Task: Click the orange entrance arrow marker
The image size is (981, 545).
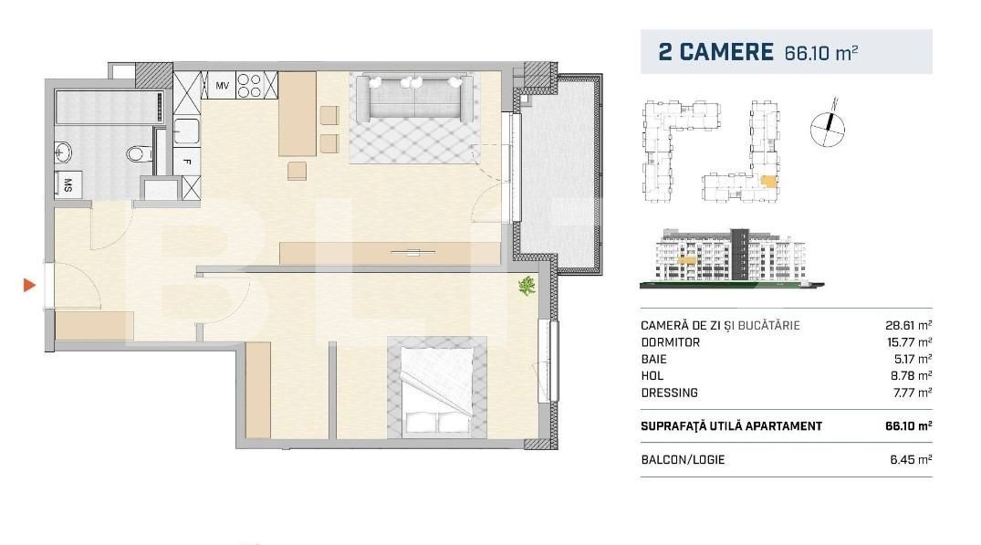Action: point(29,286)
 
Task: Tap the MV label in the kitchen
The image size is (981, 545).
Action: point(222,86)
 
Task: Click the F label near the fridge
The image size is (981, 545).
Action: point(186,164)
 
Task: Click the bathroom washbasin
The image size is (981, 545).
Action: point(63,151)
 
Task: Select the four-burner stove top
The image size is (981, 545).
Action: point(250,86)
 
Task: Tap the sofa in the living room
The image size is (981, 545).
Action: point(416,97)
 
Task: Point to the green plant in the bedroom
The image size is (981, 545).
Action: point(527,288)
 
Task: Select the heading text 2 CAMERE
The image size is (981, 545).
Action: point(715,52)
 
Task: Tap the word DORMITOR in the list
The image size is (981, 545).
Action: point(671,342)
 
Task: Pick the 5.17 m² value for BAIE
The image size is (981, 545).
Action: point(913,359)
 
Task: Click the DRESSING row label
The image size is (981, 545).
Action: point(669,393)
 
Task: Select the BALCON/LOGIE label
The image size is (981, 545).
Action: point(683,459)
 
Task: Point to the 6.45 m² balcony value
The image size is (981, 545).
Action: point(913,459)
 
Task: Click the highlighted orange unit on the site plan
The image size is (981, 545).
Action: point(771,181)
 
